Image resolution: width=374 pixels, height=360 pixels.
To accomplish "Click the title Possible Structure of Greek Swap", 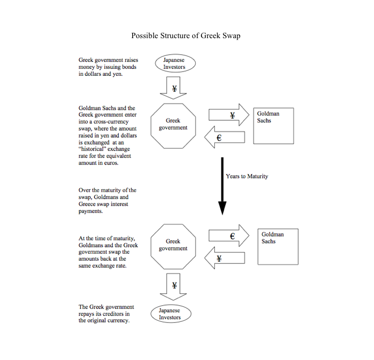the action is pyautogui.click(x=186, y=36).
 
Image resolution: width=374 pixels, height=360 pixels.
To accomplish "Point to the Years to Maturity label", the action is pyautogui.click(x=247, y=176).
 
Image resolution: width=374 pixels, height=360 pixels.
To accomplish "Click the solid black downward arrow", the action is pyautogui.click(x=222, y=186).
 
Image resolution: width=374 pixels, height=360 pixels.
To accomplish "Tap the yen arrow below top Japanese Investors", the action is pyautogui.click(x=173, y=88).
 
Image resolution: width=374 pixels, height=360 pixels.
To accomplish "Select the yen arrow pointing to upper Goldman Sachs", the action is pyautogui.click(x=229, y=115).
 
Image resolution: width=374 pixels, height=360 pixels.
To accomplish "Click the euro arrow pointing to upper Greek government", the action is pyautogui.click(x=225, y=137).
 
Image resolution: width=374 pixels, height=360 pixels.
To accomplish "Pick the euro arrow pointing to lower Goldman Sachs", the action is pyautogui.click(x=229, y=235).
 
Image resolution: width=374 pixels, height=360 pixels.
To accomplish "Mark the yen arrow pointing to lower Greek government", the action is pyautogui.click(x=225, y=258).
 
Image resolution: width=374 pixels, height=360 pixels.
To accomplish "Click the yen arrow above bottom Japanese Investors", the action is pyautogui.click(x=173, y=287).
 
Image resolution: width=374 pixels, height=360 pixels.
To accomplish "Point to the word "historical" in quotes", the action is pyautogui.click(x=104, y=149).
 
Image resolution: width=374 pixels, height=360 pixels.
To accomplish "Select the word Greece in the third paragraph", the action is pyautogui.click(x=87, y=204).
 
